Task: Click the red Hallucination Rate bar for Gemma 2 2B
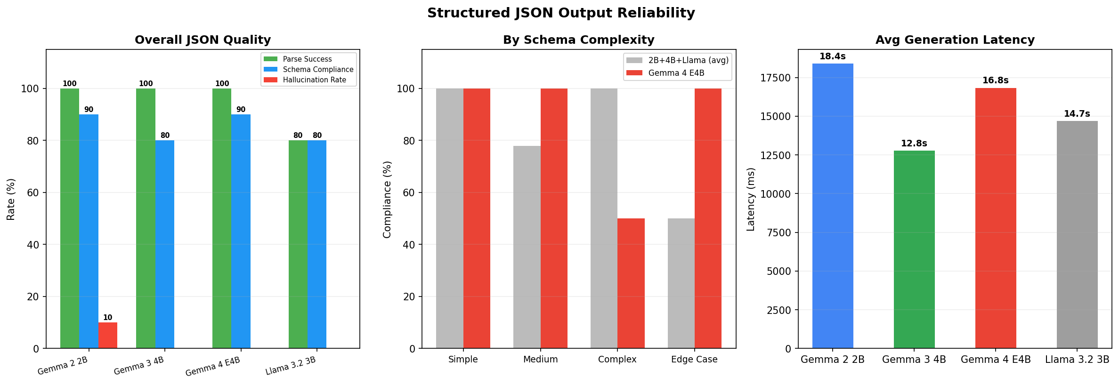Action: point(108,335)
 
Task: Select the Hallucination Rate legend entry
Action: point(314,80)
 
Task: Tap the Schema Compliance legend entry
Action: point(318,70)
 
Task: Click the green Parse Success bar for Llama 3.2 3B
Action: point(298,244)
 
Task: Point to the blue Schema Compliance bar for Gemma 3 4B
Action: point(165,244)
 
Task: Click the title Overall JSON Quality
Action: point(203,40)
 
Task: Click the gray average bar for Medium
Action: point(527,247)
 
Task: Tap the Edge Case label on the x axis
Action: point(694,360)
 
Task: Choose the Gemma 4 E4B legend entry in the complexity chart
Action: point(676,73)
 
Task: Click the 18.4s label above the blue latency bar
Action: point(833,56)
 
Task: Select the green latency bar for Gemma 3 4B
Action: point(914,249)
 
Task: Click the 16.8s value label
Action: point(996,80)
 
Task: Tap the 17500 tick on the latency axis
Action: point(776,78)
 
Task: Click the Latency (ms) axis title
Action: point(751,199)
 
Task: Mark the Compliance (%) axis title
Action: point(387,199)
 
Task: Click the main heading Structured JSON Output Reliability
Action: point(561,13)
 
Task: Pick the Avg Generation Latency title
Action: point(955,40)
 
